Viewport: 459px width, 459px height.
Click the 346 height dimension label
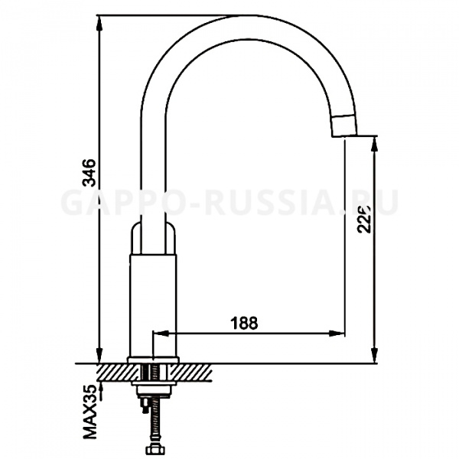[x=89, y=174]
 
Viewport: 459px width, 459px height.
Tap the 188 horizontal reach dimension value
[x=244, y=323]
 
